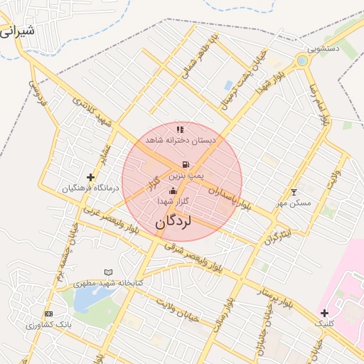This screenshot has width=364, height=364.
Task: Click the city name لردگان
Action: point(173,221)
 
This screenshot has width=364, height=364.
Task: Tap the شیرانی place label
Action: point(16,33)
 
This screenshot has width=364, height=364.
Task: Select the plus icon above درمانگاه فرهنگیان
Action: point(90,177)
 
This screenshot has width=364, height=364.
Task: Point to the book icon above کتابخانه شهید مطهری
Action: point(108,272)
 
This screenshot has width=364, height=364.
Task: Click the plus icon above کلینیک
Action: point(324,312)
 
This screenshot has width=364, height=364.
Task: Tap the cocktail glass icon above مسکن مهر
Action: point(294,192)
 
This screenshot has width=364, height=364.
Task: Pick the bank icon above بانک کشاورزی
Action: point(48,314)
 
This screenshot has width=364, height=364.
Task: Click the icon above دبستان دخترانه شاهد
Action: point(180,129)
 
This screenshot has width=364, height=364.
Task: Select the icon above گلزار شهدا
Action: point(173,191)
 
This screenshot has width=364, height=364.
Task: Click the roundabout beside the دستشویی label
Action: point(303,61)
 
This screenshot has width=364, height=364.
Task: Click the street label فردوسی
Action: point(37,92)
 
